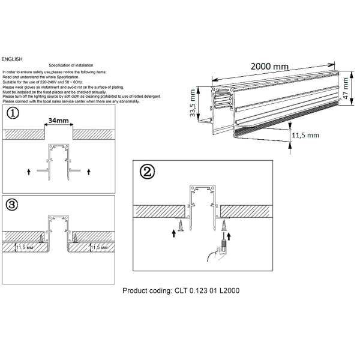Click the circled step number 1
pos(13,114)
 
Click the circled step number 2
pos(146,172)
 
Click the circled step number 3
pos(13,205)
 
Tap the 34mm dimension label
pos(58,121)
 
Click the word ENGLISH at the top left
pos(13,59)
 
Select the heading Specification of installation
pos(71,65)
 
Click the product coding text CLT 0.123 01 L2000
pos(181,290)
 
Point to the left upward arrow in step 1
pos(29,172)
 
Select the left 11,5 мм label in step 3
pos(25,247)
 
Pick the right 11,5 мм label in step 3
pos(99,247)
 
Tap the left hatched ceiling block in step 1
pos(23,135)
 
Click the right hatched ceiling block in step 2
pos(246,211)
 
